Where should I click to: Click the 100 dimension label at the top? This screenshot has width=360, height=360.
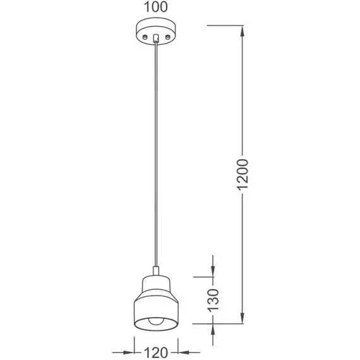coord(155,7)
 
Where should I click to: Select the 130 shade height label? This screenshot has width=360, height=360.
coord(213,300)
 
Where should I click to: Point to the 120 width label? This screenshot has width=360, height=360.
coord(156,352)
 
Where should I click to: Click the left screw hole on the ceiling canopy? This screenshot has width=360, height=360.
coord(145,37)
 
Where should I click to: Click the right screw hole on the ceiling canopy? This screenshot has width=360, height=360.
coord(168,37)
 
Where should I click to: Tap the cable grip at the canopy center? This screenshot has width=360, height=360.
coord(156,38)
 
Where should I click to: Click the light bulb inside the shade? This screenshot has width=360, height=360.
coord(156,321)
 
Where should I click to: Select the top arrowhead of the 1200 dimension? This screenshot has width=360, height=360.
coord(242,31)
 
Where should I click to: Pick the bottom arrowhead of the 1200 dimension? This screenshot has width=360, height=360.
coord(242,318)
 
